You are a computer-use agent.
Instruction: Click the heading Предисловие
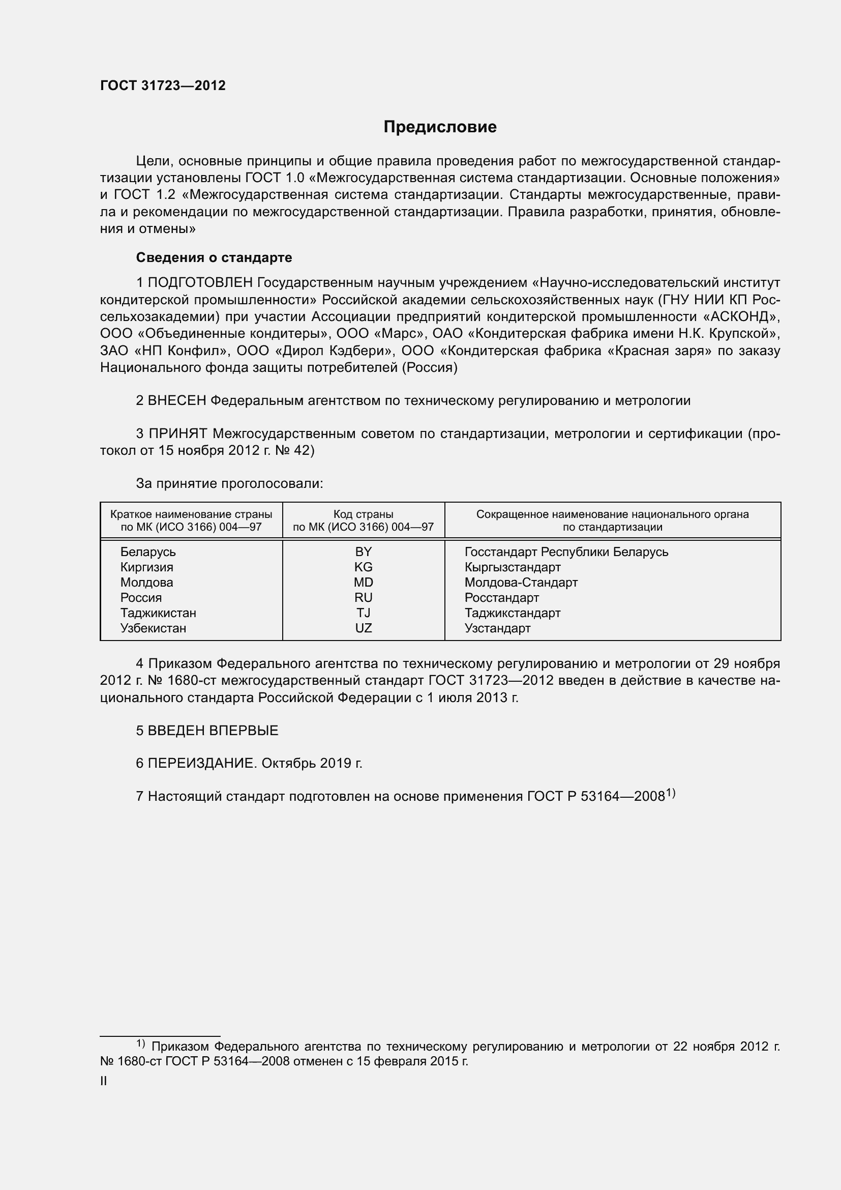(440, 127)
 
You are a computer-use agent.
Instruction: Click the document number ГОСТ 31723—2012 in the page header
(163, 86)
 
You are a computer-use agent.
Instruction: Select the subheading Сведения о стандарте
(214, 257)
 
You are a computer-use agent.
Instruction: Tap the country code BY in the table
(364, 552)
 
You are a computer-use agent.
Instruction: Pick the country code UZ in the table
(364, 628)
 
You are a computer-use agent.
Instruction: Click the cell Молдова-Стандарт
(521, 582)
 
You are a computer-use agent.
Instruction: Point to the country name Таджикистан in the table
(158, 613)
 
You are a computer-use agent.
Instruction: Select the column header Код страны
(363, 514)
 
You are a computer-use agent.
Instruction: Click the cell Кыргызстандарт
(512, 567)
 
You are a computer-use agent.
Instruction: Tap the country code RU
(364, 598)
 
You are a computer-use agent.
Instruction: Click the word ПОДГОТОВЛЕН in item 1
(200, 282)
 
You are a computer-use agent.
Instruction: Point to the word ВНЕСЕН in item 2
(177, 400)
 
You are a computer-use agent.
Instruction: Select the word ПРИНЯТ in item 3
(177, 434)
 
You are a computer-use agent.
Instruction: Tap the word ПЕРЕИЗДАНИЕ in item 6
(202, 763)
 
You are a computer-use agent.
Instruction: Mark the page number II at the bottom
(104, 1081)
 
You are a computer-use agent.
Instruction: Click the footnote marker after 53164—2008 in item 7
(671, 793)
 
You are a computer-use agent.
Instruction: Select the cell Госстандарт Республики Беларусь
(566, 552)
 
